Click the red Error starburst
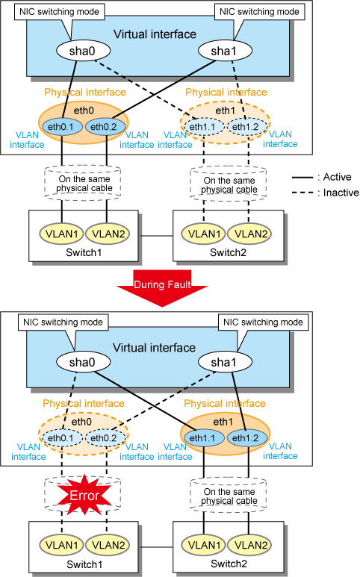84,495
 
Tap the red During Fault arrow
162,288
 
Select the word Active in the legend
337,177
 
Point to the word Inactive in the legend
341,193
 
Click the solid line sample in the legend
302,178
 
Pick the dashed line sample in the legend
302,193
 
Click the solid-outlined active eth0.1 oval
61,127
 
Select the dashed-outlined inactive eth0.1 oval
61,438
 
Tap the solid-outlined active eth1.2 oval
246,438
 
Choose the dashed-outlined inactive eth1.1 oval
203,127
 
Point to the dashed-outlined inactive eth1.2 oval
246,127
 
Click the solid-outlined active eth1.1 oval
203,438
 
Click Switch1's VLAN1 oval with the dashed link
62,545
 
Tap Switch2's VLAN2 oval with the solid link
250,545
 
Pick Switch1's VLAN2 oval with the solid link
108,234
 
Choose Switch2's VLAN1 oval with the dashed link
204,234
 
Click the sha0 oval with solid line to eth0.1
83,51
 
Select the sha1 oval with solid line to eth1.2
225,362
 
